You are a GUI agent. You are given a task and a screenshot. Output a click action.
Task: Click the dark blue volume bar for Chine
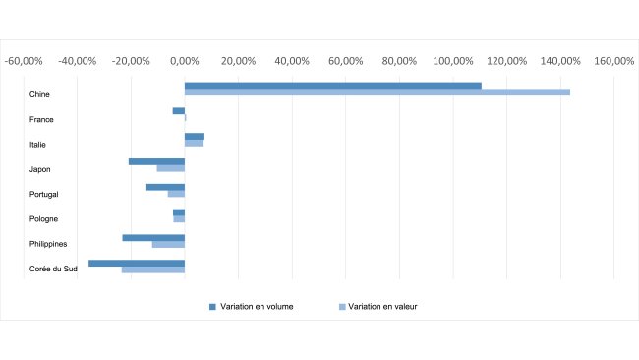coord(332,86)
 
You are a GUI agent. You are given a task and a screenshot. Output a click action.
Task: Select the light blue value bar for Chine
coord(377,92)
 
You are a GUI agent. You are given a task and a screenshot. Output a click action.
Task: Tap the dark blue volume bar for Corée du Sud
coord(137,263)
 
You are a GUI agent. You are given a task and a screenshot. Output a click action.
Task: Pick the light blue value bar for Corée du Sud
coord(153,270)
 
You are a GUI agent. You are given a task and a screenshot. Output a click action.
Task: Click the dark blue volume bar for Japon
coord(156,161)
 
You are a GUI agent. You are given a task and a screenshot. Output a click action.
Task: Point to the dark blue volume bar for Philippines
coord(153,237)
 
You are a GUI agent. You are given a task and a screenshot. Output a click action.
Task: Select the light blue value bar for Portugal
coord(176,194)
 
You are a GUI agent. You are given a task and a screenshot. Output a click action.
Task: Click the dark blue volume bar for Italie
coord(195,137)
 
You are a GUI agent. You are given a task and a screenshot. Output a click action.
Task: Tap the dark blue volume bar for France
coord(179,111)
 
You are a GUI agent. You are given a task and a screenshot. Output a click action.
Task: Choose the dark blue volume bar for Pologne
coord(179,212)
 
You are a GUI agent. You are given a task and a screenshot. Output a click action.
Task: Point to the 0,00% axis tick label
coord(185,61)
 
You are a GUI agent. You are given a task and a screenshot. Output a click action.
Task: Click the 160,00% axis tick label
coord(613,61)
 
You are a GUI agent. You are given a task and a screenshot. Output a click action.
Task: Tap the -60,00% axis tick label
coord(24,61)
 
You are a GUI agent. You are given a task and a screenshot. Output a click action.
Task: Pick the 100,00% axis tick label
coord(452,61)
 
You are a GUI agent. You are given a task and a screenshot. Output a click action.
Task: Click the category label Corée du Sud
coord(54,270)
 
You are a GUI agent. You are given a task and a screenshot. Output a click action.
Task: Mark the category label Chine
coord(40,94)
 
